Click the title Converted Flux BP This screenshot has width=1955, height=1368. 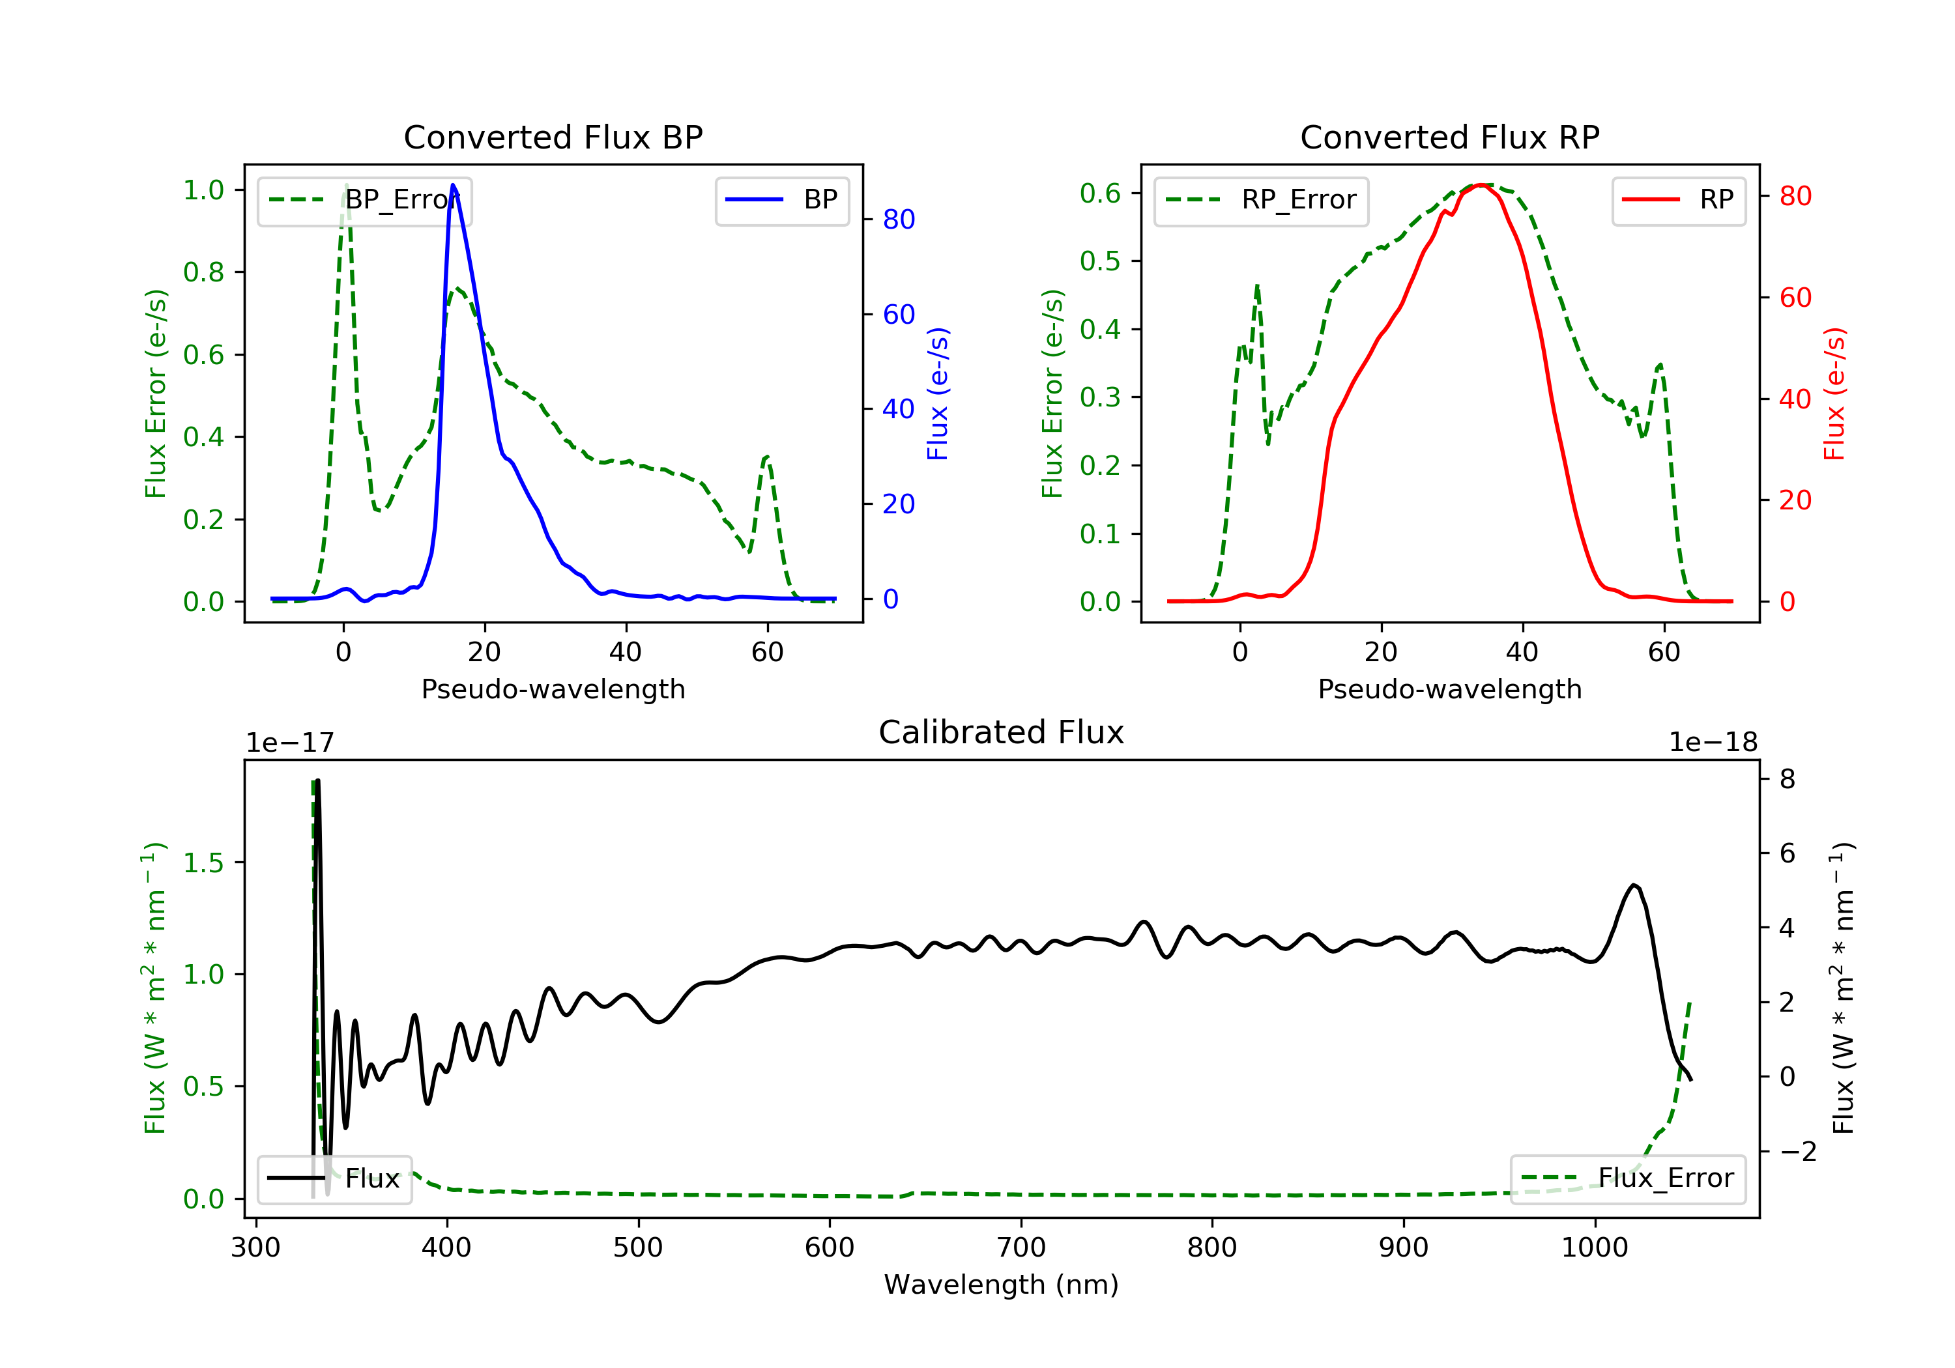tap(553, 137)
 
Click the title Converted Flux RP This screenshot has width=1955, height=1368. tap(1449, 137)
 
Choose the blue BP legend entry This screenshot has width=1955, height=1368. tap(781, 200)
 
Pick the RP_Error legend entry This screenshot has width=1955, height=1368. tap(1261, 200)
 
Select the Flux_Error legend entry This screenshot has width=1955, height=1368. tap(1627, 1178)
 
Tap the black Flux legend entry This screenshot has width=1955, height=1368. tap(335, 1178)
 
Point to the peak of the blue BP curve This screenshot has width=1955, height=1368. tap(453, 185)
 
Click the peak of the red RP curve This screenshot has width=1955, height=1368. tap(1482, 185)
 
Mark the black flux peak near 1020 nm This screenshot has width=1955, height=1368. tap(1634, 885)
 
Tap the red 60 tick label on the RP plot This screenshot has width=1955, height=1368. tap(1795, 298)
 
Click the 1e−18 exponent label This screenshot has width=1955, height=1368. tap(1713, 743)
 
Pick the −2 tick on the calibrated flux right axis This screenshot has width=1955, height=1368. tap(1797, 1152)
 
